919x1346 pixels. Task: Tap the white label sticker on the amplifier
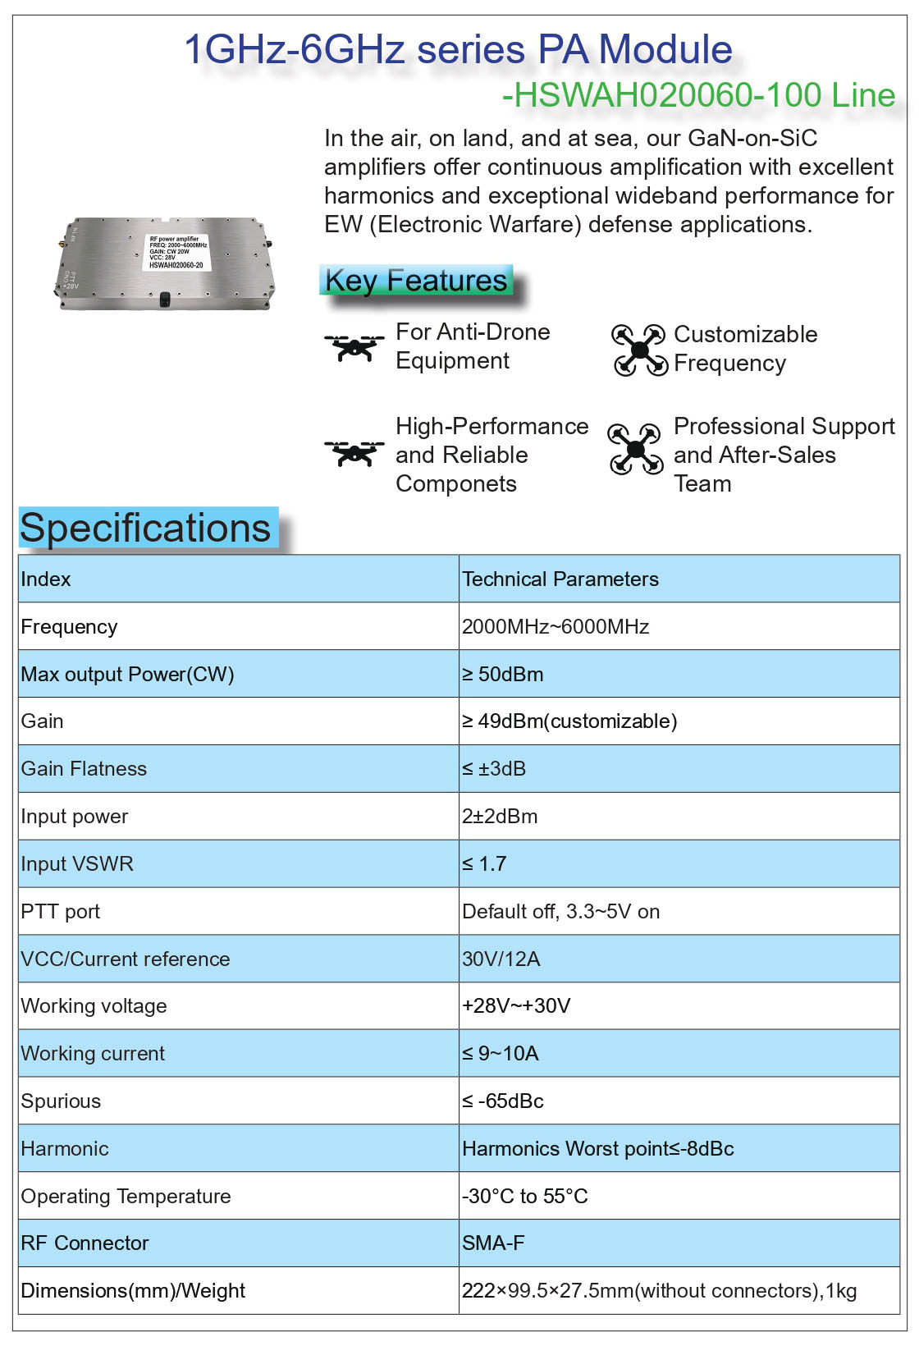pyautogui.click(x=177, y=252)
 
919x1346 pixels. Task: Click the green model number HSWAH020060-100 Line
pyautogui.click(x=698, y=95)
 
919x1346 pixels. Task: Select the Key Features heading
pyautogui.click(x=416, y=281)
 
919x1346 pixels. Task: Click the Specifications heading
pyautogui.click(x=145, y=528)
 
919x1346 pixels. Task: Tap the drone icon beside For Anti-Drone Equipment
pyautogui.click(x=354, y=346)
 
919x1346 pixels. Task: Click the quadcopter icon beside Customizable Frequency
pyautogui.click(x=639, y=350)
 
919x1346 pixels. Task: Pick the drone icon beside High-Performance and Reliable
pyautogui.click(x=354, y=453)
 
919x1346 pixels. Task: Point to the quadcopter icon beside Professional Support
pyautogui.click(x=635, y=449)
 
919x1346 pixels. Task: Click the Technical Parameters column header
pyautogui.click(x=560, y=579)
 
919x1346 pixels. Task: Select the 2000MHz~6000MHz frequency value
pyautogui.click(x=556, y=627)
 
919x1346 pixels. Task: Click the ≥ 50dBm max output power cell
pyautogui.click(x=503, y=675)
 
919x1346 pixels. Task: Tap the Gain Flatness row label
pyautogui.click(x=84, y=769)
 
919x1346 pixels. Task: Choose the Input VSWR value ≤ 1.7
pyautogui.click(x=484, y=864)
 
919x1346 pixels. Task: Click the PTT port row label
pyautogui.click(x=61, y=912)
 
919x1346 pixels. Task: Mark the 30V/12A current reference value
pyautogui.click(x=501, y=959)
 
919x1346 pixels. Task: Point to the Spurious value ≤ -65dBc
pyautogui.click(x=503, y=1101)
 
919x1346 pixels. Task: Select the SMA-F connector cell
pyautogui.click(x=493, y=1243)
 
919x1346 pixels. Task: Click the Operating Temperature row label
pyautogui.click(x=126, y=1197)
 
